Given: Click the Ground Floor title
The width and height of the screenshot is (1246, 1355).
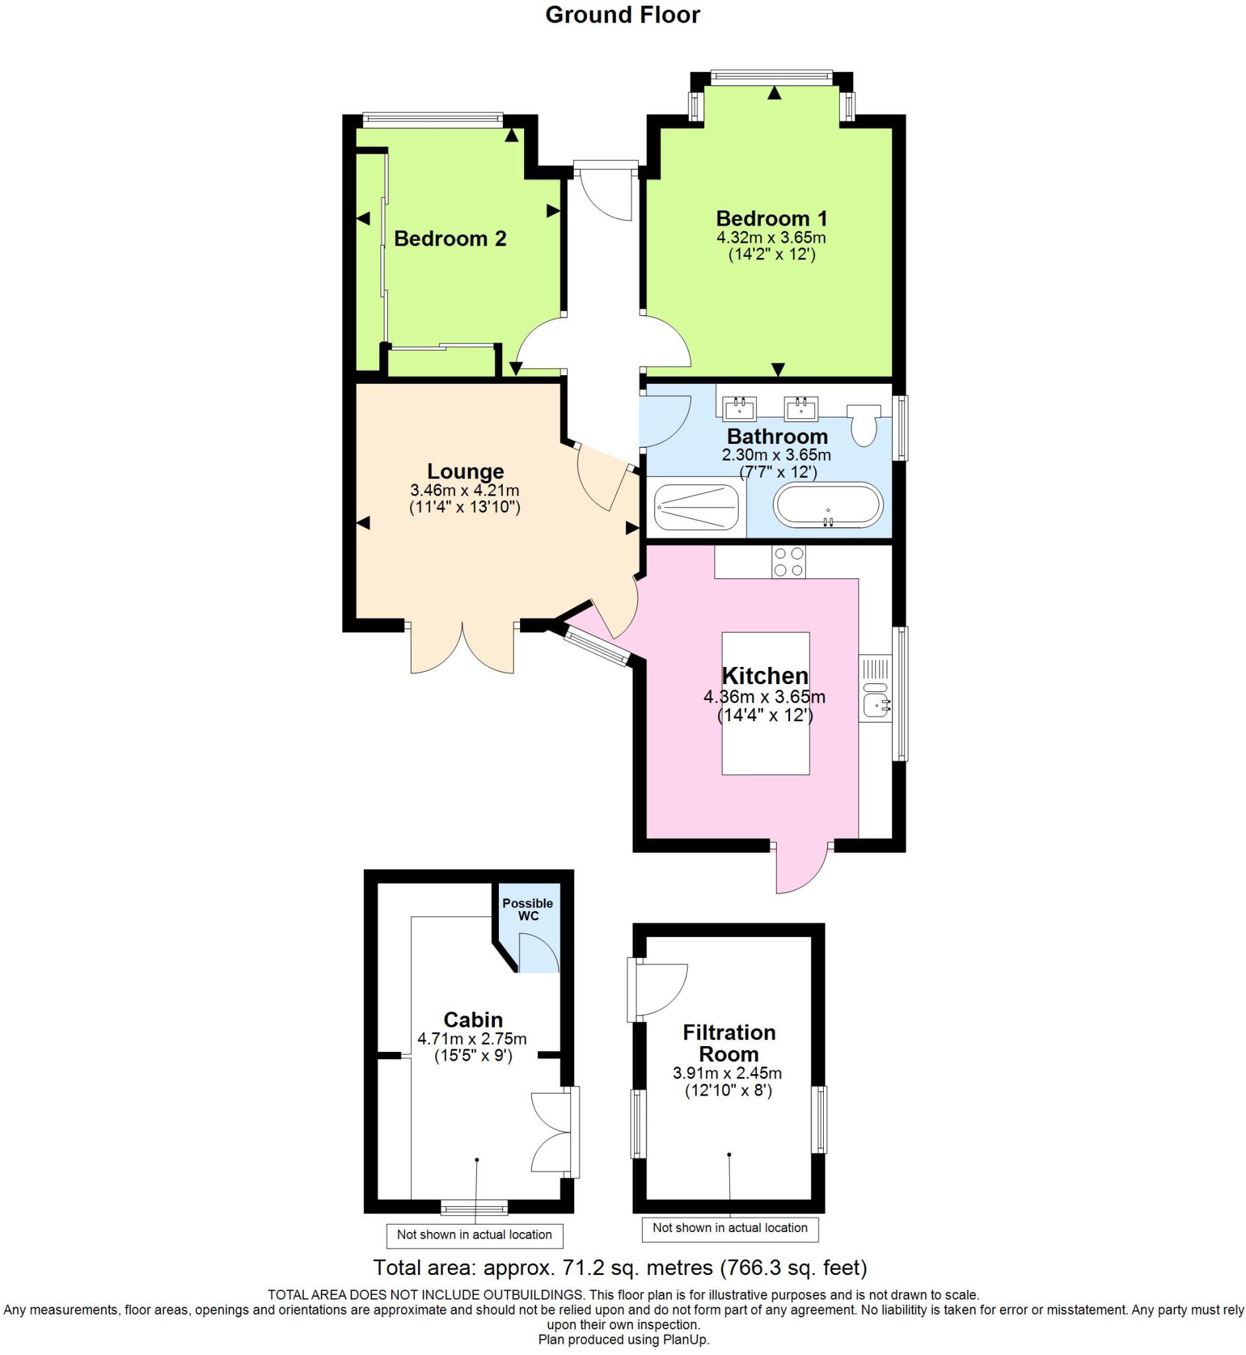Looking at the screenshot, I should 622,15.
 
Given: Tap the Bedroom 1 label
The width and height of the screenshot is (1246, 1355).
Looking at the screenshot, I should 772,218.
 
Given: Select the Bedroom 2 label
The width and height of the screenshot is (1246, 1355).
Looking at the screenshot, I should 450,239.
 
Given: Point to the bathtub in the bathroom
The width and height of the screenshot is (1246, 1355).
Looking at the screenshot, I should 828,505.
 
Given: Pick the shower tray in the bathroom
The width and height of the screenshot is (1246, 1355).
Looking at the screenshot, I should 697,507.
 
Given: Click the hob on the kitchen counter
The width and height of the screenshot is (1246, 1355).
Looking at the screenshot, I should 788,562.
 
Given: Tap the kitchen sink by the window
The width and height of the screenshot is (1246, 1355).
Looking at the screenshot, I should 876,701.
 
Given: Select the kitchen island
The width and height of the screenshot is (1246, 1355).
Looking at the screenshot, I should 765,703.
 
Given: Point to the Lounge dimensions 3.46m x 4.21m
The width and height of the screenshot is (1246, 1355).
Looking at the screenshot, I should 465,490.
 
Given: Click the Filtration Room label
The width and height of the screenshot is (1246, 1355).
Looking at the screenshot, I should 729,1043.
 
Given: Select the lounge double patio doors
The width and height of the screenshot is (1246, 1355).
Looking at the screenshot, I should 463,647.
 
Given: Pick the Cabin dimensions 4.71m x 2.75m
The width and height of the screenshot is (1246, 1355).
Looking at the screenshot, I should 472,1039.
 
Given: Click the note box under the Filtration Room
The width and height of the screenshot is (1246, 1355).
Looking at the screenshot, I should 729,1228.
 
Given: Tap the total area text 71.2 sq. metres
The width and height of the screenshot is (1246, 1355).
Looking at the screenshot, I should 619,1268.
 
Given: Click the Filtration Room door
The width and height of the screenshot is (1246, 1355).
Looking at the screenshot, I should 657,990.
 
